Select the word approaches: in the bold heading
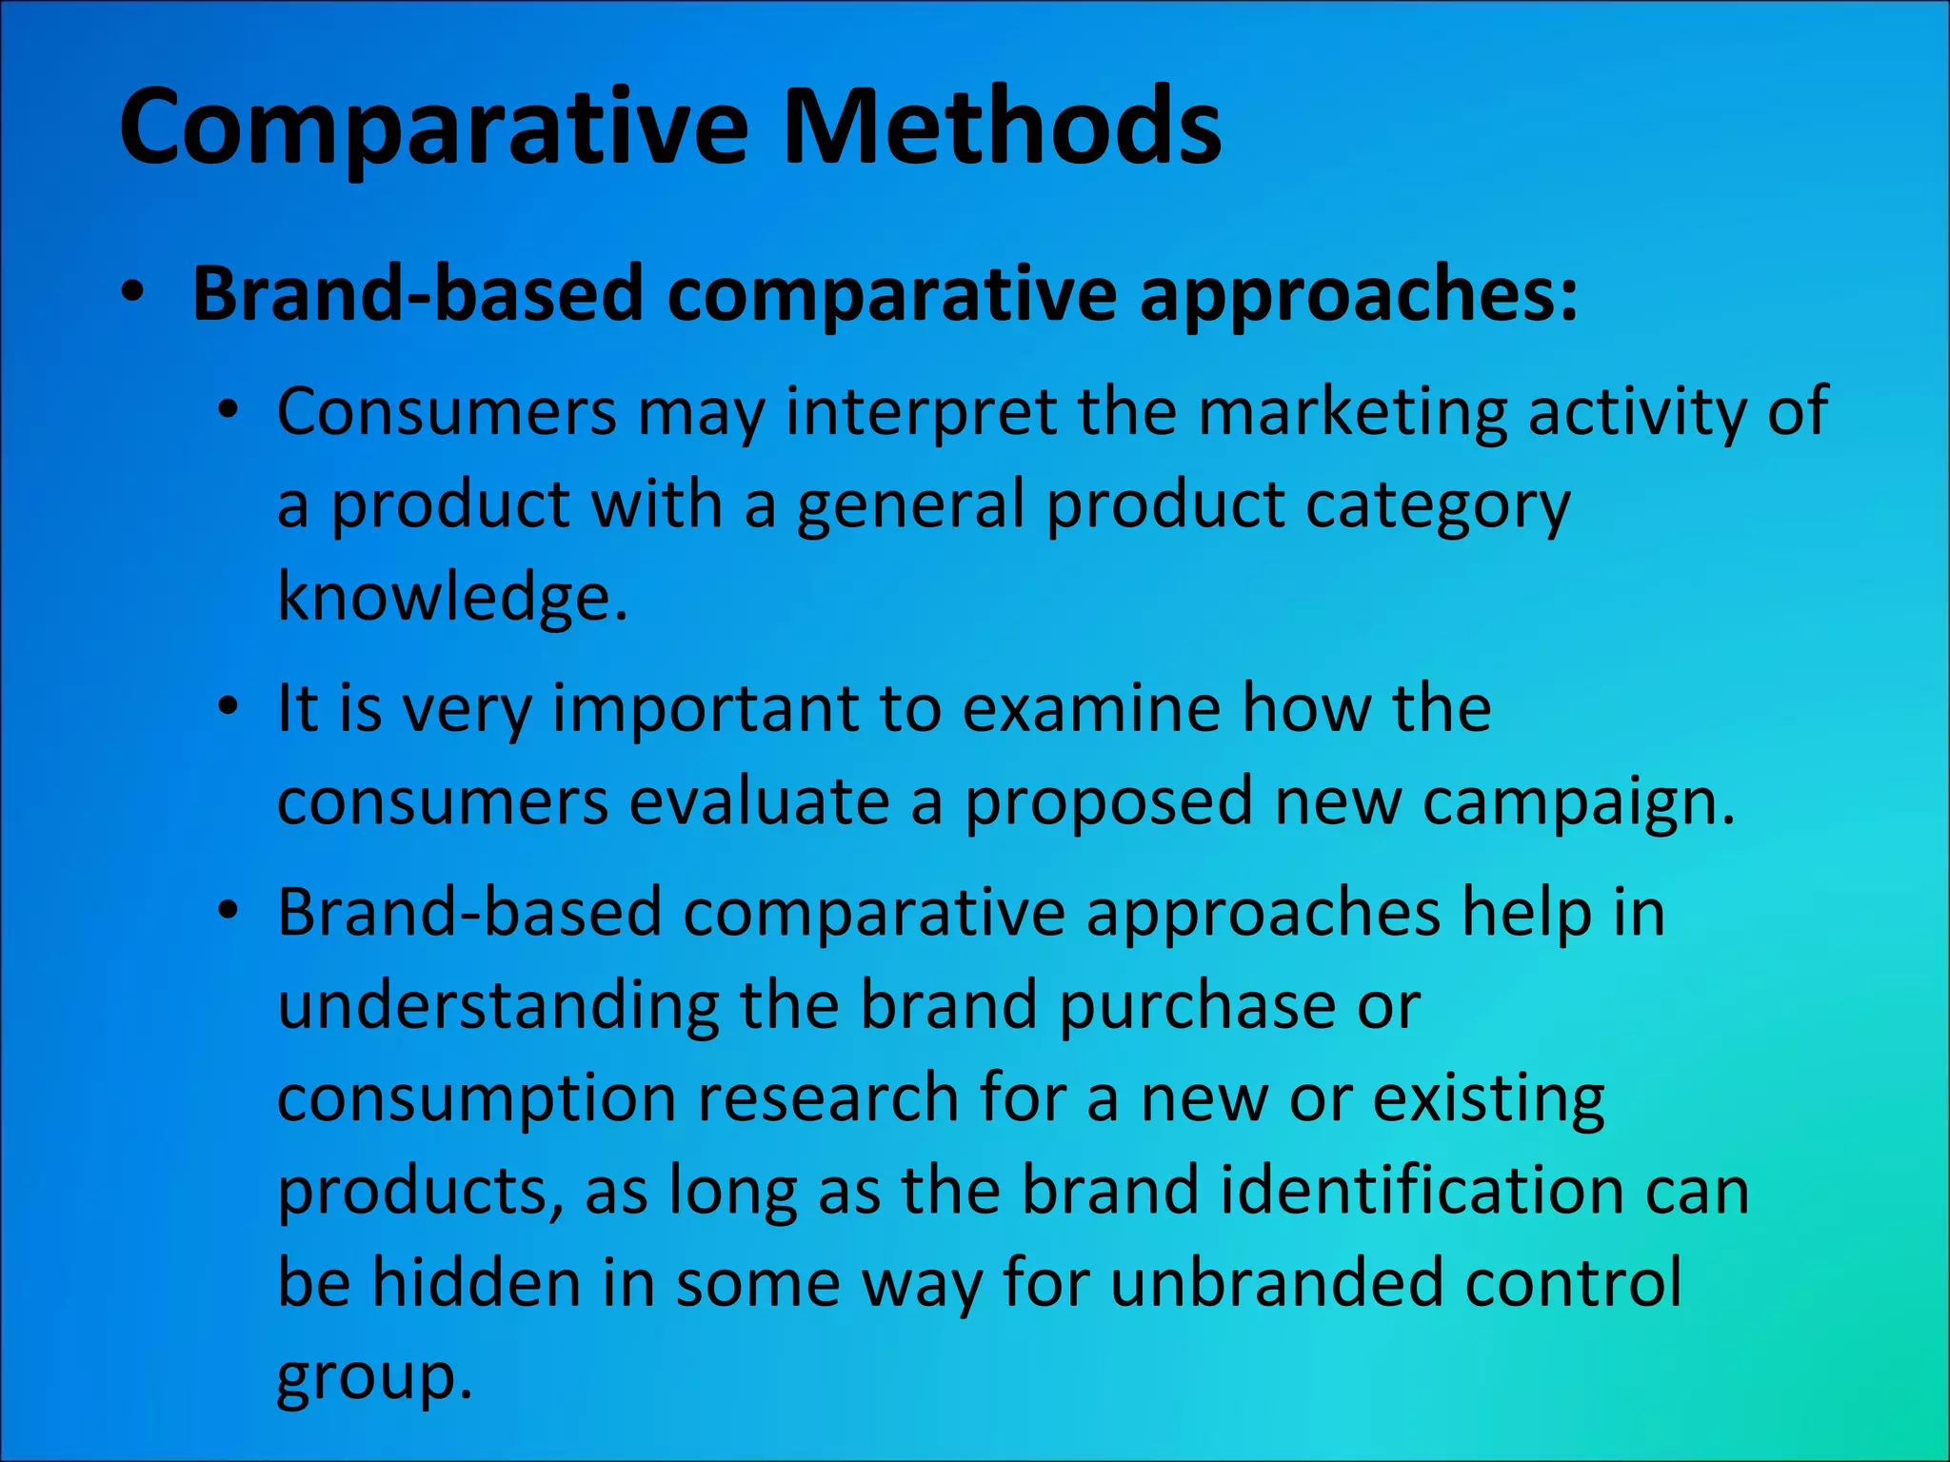[x=1358, y=295]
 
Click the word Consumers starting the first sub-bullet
[x=447, y=412]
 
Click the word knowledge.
[x=452, y=597]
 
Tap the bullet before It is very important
[x=227, y=707]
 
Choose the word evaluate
[x=759, y=802]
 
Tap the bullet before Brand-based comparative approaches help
[x=227, y=911]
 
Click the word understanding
[x=498, y=1006]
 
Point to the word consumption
[x=476, y=1098]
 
